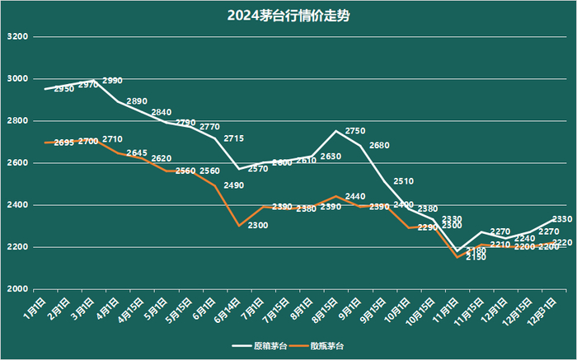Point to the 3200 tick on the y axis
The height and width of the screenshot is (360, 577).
tap(17, 37)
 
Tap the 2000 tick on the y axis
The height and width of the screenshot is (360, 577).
tap(17, 289)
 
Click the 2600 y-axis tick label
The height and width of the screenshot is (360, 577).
tap(17, 163)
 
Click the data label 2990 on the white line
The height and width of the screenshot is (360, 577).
tap(112, 81)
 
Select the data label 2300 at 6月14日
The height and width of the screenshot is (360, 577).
tap(258, 225)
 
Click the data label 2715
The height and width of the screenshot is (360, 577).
tap(233, 138)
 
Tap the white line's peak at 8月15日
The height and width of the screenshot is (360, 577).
tap(335, 131)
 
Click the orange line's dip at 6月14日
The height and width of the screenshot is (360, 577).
tap(239, 225)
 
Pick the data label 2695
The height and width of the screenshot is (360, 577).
tap(64, 143)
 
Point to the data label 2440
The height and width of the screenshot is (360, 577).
tap(355, 196)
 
